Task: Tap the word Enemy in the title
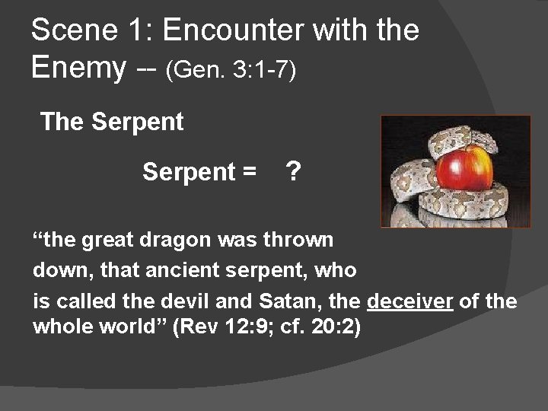(78, 68)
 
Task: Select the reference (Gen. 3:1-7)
(231, 70)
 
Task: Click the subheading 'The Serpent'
(112, 122)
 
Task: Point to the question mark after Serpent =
(292, 173)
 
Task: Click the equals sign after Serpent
(248, 174)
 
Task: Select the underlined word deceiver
(410, 301)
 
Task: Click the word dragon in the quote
(178, 241)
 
